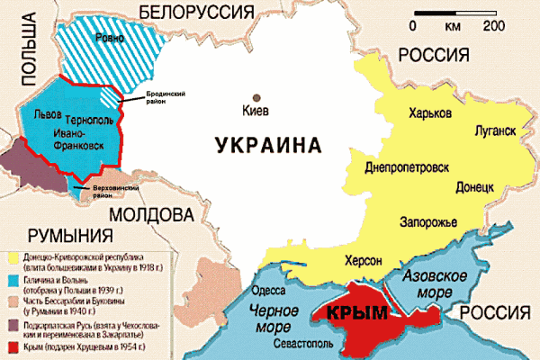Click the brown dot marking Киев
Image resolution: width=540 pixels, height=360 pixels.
(x=258, y=96)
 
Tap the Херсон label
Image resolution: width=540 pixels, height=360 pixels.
(x=364, y=260)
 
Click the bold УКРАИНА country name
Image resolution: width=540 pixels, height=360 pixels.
(x=268, y=144)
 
